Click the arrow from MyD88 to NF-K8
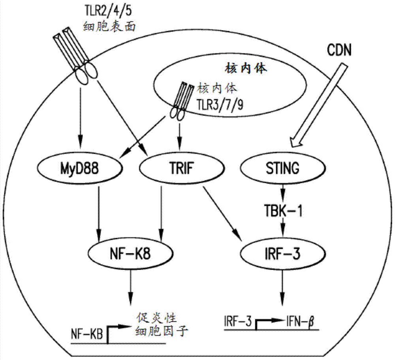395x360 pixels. coord(99,212)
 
